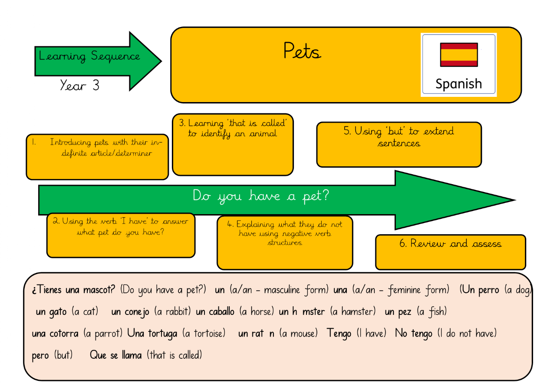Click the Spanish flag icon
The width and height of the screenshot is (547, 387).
point(458,54)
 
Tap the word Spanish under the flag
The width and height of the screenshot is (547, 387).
point(458,83)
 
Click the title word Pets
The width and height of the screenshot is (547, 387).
point(302,51)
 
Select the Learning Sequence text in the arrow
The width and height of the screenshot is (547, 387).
point(89,56)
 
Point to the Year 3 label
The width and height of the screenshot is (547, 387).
point(79,85)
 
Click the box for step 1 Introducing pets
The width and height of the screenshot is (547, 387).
point(97,157)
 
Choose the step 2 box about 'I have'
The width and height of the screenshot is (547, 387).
point(121,235)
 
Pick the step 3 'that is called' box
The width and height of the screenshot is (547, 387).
point(233,145)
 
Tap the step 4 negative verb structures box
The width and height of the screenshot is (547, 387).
point(284,242)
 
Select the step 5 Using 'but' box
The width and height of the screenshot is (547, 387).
point(399,144)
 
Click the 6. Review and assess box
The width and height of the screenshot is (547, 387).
point(450,252)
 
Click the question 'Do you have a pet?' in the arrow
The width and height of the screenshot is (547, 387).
point(260,196)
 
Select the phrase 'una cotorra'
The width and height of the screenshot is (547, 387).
point(55,334)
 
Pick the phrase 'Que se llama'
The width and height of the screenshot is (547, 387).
point(115,355)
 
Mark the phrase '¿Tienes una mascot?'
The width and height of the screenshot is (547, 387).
point(73,290)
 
